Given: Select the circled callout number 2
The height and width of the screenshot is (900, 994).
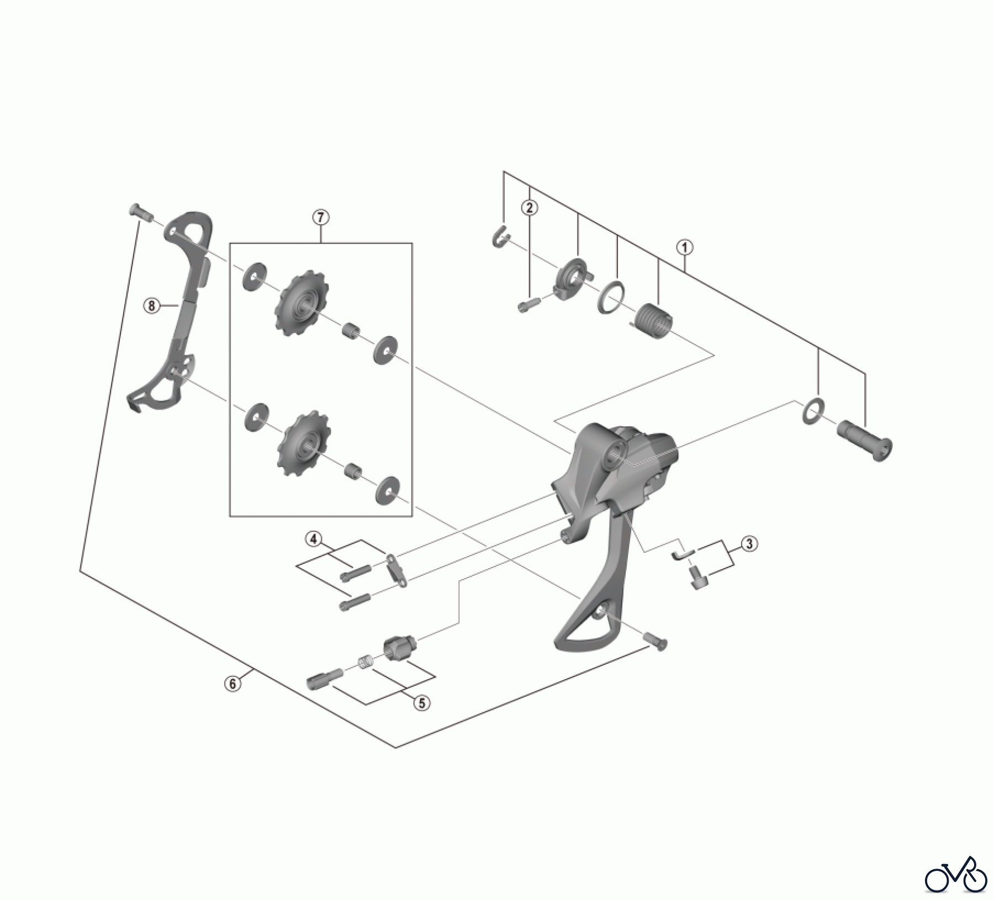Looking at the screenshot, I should click(x=529, y=208).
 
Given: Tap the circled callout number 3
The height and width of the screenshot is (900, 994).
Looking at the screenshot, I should click(x=748, y=544).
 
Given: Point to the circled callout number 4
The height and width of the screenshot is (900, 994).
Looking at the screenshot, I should click(x=314, y=538).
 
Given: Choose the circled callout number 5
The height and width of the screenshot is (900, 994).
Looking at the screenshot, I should click(x=421, y=703).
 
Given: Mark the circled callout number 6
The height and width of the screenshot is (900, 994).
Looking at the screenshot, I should click(x=232, y=684).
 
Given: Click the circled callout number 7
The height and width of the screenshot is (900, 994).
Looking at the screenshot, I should click(x=320, y=217).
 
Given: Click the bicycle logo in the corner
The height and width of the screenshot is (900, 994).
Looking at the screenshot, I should click(x=956, y=875).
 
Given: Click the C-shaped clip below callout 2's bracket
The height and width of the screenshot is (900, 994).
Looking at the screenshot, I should click(x=499, y=237).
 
